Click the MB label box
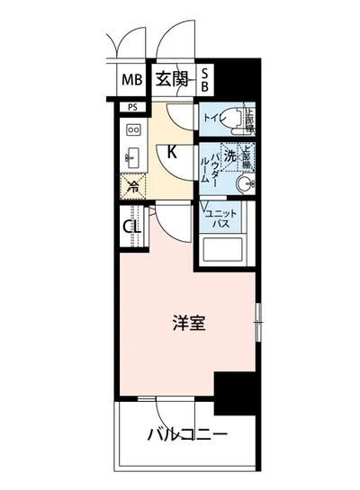pos(131,81)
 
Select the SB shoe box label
pos(204,80)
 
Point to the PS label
pos(132,108)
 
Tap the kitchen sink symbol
pos(132,154)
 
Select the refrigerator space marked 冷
pos(132,186)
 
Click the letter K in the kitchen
pos(172,151)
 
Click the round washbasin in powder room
pos(244,184)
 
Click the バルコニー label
pos(187,436)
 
